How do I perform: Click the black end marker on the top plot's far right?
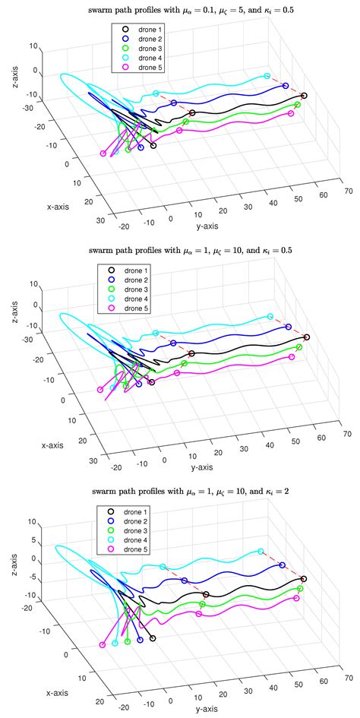(304, 96)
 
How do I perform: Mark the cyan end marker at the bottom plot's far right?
(261, 552)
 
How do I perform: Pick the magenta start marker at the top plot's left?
(103, 154)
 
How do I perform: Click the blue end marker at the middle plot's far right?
(288, 327)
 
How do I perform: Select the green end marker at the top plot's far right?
(298, 104)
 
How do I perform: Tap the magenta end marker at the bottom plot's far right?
(296, 598)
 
